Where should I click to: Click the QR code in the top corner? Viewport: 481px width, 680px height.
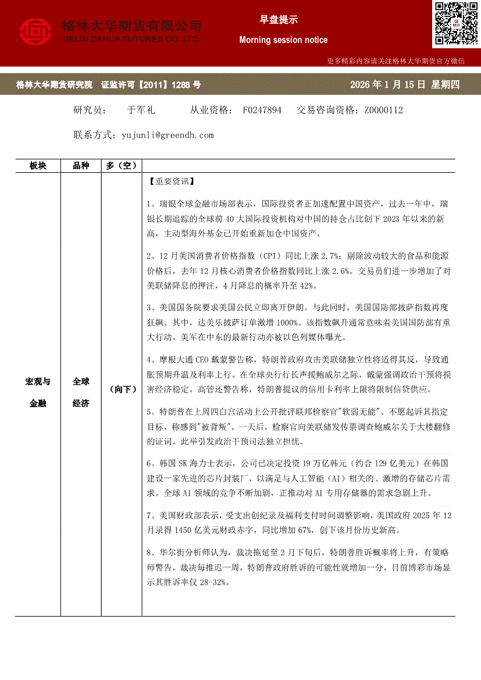pos(455,23)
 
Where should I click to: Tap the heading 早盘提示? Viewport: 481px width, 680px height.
pos(279,20)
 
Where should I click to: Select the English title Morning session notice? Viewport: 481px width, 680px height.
pos(283,40)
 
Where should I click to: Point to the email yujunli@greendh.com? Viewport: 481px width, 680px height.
pos(168,135)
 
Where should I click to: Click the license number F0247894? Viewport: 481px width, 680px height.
pos(262,110)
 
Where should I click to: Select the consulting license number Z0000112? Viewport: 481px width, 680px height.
pos(384,110)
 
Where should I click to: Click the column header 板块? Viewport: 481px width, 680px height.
pos(38,166)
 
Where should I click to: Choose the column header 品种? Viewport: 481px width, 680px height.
pos(81,166)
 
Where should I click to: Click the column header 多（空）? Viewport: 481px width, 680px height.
pos(122,166)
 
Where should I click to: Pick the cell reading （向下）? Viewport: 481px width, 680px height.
pos(122,390)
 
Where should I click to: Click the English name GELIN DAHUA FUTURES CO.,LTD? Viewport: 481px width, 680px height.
pos(131,38)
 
